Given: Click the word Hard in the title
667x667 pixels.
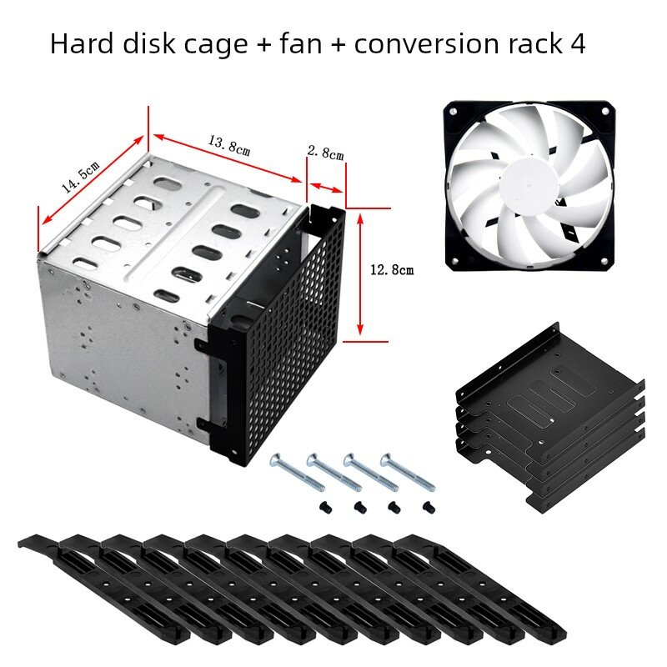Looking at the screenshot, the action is (81, 43).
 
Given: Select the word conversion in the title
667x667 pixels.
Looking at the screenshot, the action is (428, 44).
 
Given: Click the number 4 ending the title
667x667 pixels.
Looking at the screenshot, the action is (577, 43).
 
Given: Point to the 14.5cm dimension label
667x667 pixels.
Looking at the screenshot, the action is (80, 177).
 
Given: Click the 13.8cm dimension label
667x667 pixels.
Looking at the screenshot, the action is (229, 145).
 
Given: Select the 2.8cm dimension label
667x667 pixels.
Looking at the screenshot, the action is (325, 152).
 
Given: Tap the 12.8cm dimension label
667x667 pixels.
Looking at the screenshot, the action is (392, 269).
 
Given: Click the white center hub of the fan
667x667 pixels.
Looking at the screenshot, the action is (529, 186).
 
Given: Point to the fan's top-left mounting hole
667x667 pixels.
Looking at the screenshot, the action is (453, 112).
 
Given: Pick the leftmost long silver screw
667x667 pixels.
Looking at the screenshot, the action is (298, 472).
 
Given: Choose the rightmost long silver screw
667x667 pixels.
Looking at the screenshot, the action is (408, 472).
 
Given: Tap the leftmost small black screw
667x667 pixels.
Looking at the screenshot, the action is (324, 506).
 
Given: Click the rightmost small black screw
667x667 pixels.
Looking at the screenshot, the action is (429, 507).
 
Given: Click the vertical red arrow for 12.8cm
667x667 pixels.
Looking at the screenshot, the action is (360, 274).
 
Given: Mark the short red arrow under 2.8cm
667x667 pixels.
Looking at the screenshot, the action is (326, 188).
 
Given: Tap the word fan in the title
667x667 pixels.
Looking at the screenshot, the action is (302, 43).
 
